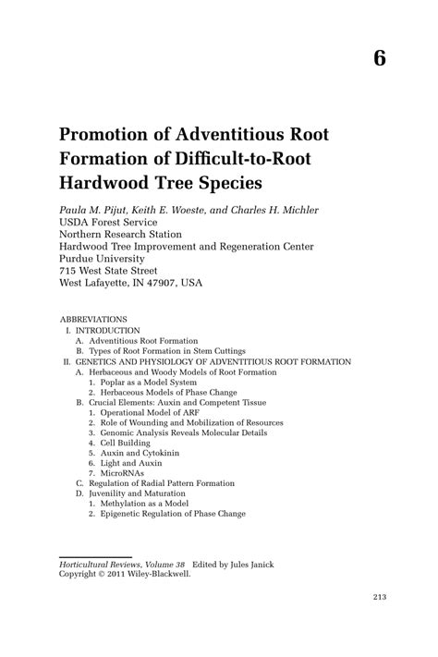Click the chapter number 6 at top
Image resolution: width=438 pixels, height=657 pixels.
point(380,56)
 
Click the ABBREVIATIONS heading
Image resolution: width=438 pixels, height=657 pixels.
point(93,319)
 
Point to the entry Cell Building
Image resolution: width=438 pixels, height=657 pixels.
point(128,443)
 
